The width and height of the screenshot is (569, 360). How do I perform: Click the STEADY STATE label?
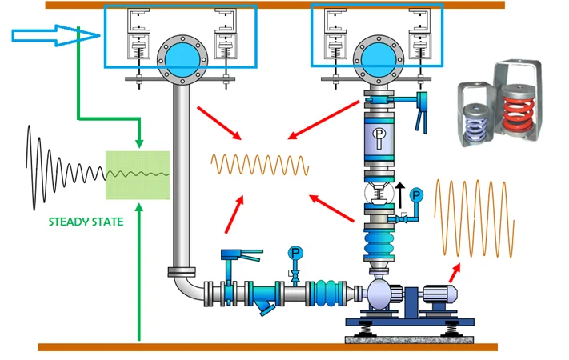[x=86, y=221]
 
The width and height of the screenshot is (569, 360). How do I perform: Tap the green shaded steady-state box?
[x=138, y=174]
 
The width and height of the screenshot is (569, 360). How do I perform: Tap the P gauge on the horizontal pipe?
[x=295, y=254]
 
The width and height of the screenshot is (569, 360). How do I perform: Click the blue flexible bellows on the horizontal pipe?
[x=327, y=291]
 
